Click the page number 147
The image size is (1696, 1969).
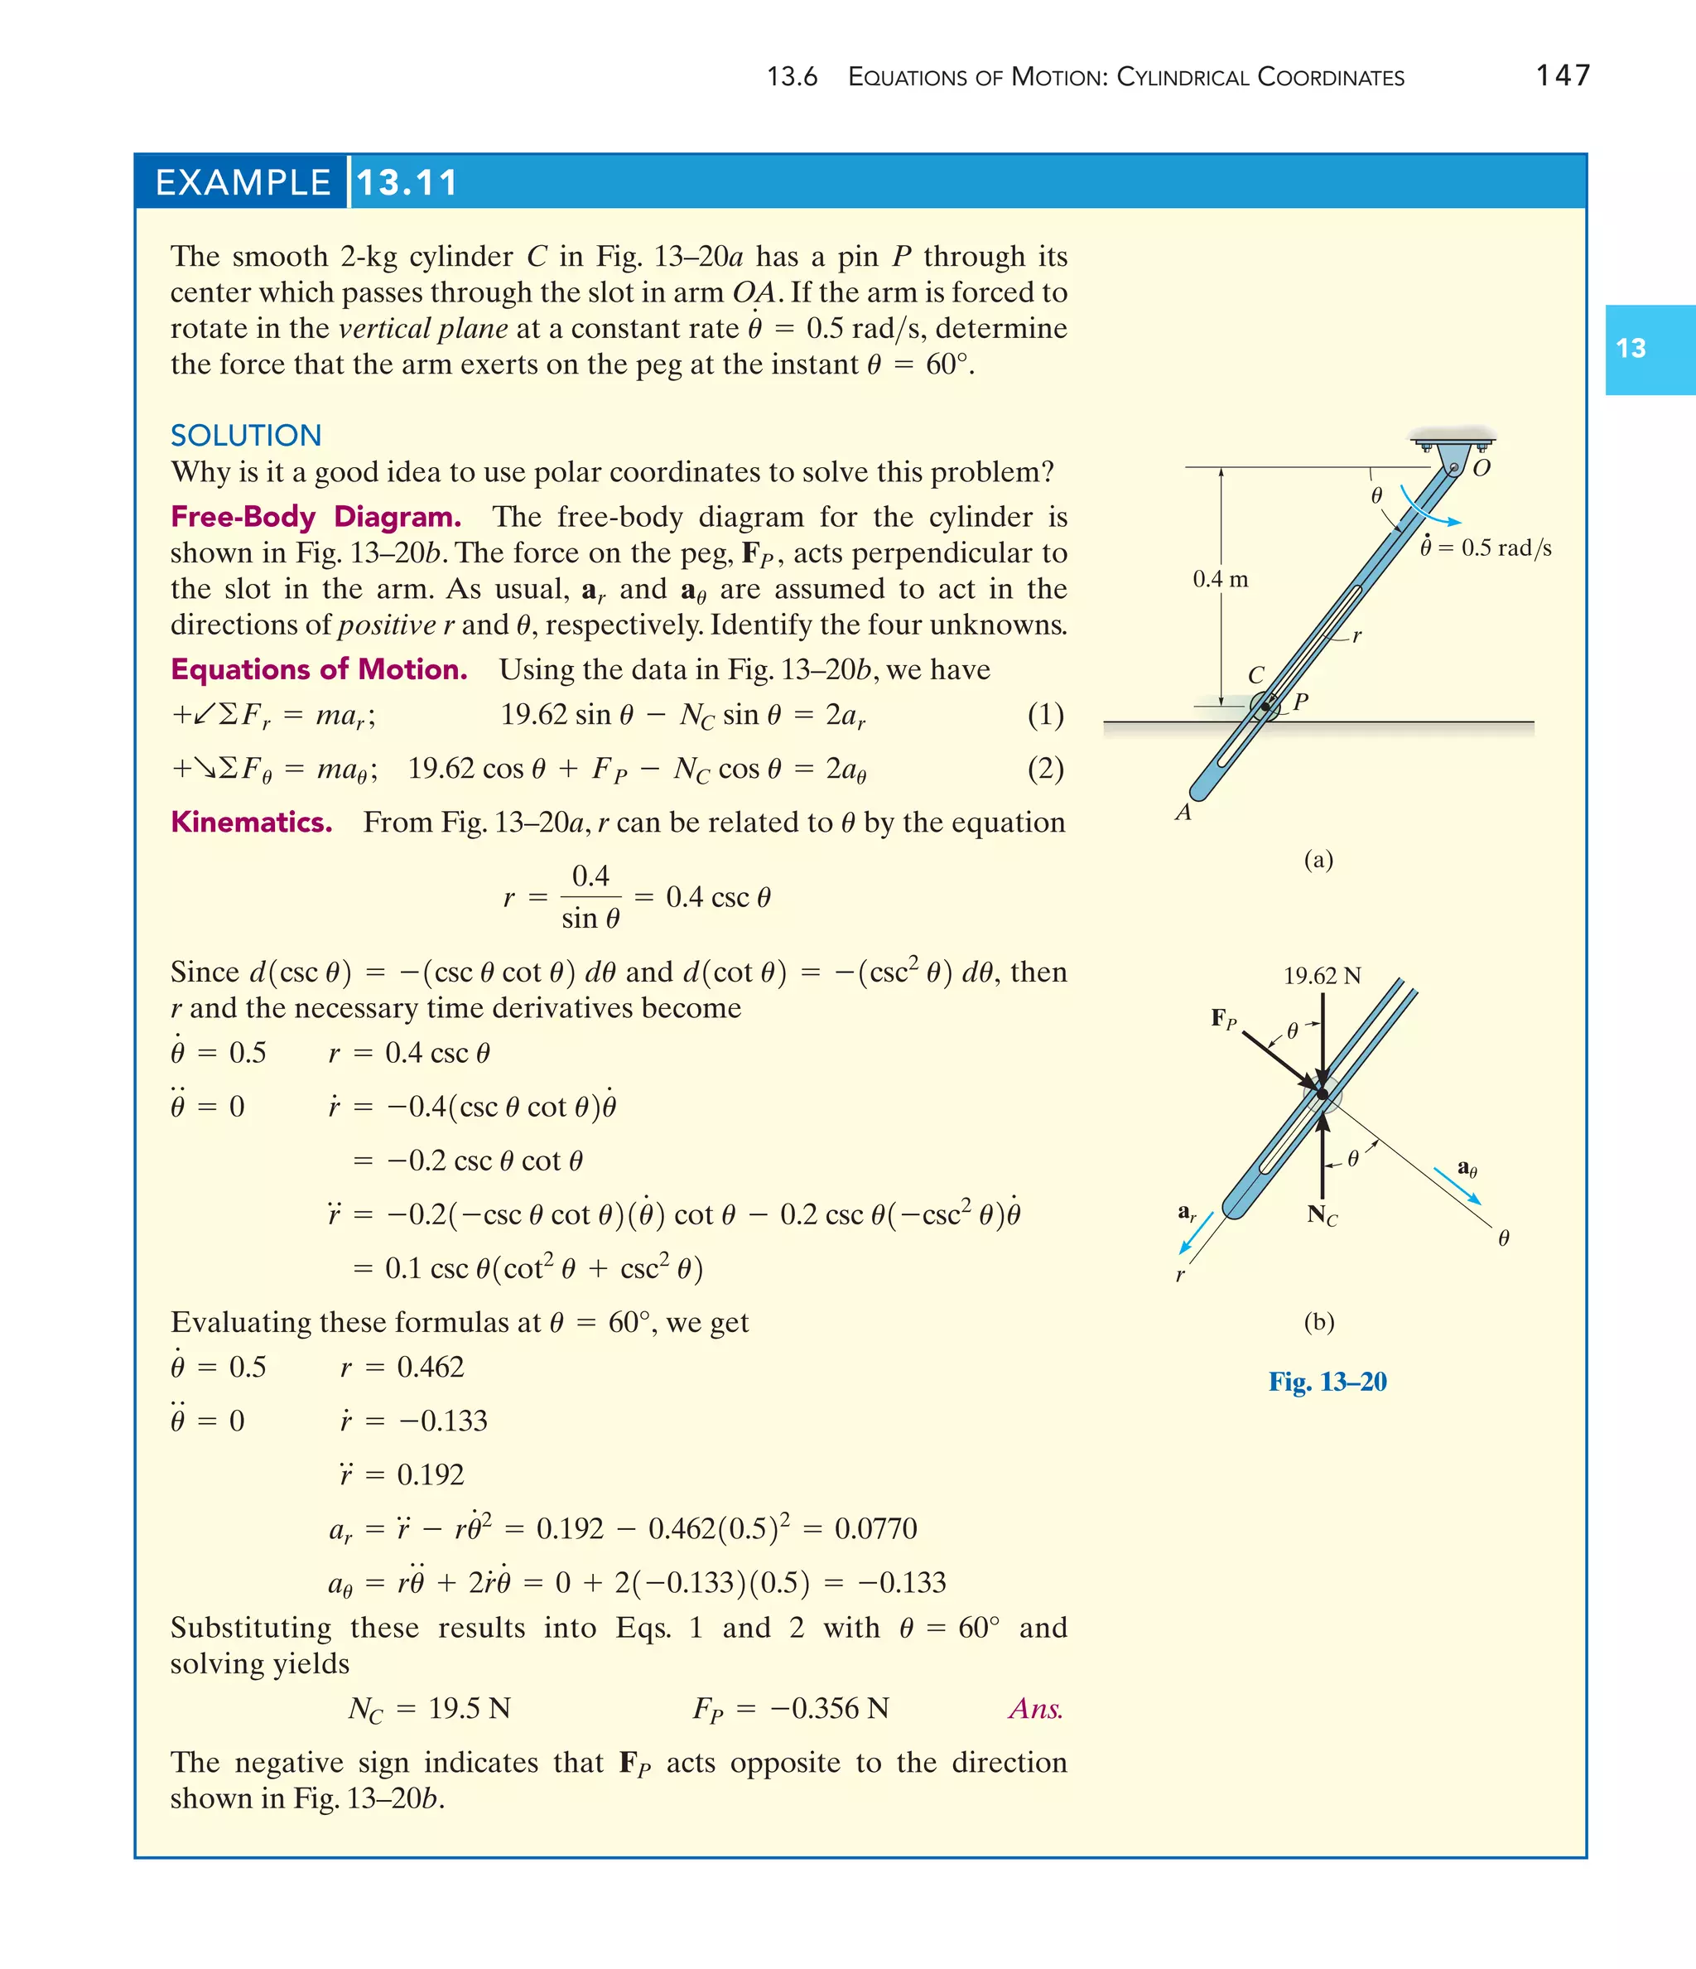coord(1562,75)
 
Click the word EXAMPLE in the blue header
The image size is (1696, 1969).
coord(243,182)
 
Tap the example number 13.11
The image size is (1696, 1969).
coord(407,182)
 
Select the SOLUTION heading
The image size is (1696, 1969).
coord(246,435)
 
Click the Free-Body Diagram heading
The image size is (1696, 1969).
coord(316,517)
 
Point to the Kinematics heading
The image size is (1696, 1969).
coord(251,822)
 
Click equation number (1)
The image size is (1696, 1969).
coord(1045,715)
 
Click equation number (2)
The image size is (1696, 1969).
coord(1045,769)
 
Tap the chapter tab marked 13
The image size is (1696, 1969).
coord(1631,349)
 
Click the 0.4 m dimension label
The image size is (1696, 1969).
coord(1220,579)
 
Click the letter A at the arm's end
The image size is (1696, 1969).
coord(1183,813)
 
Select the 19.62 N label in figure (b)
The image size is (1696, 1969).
coord(1322,976)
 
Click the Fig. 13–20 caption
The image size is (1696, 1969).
coord(1327,1382)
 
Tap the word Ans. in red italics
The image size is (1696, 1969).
coord(1036,1709)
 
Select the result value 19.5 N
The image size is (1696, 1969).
coord(470,1709)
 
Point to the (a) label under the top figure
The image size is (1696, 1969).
coord(1318,860)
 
